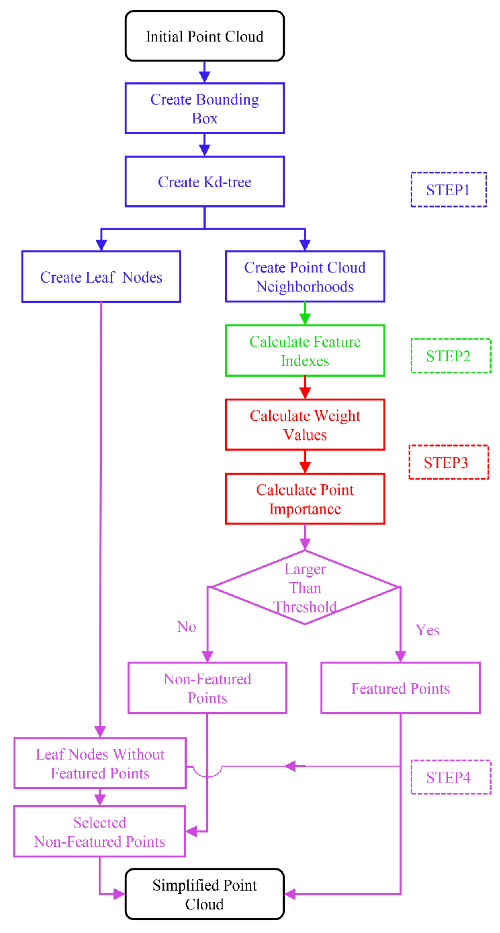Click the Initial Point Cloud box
[x=204, y=36]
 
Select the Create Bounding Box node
[x=204, y=108]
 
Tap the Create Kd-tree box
[x=204, y=182]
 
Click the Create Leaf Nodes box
[x=101, y=276]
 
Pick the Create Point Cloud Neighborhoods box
[x=305, y=276]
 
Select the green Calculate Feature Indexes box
[x=305, y=351]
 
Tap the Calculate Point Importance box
[x=305, y=499]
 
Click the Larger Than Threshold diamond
[x=305, y=588]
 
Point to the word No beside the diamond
[x=187, y=627]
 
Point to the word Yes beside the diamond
[x=427, y=630]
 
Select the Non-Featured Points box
[x=207, y=688]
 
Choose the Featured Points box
[x=400, y=688]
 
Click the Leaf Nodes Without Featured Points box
[x=100, y=763]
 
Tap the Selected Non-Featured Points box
[x=100, y=832]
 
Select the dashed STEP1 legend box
[x=449, y=189]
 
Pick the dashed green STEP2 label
[x=451, y=356]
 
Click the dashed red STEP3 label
[x=449, y=462]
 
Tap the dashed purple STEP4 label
[x=451, y=777]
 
